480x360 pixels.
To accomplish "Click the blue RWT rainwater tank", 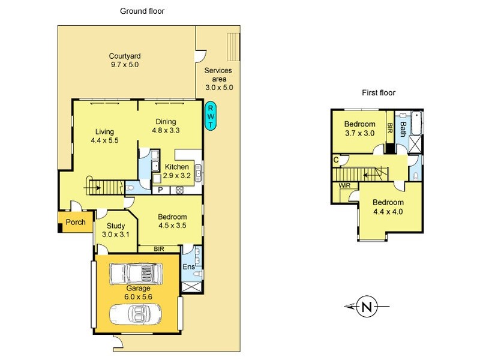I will tap(211, 116).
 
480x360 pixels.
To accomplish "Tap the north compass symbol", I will tap(366, 307).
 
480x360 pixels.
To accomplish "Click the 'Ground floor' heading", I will tap(142, 11).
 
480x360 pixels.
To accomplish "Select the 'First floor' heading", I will tap(379, 92).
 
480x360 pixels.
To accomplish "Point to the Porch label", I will tap(76, 223).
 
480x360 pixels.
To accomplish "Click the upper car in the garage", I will tap(137, 274).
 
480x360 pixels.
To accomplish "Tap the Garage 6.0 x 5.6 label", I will tap(138, 292).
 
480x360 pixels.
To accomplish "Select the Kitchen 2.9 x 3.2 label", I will tap(176, 172).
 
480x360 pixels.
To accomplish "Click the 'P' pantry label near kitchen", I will tap(161, 190).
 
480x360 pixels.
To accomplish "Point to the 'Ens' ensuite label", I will tap(188, 267).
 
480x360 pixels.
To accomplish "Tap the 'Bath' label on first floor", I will tap(403, 128).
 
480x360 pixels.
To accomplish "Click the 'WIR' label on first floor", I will tap(344, 186).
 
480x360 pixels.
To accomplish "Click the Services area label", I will tap(218, 79).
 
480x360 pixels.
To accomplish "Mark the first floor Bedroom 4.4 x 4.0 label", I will tap(387, 207).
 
